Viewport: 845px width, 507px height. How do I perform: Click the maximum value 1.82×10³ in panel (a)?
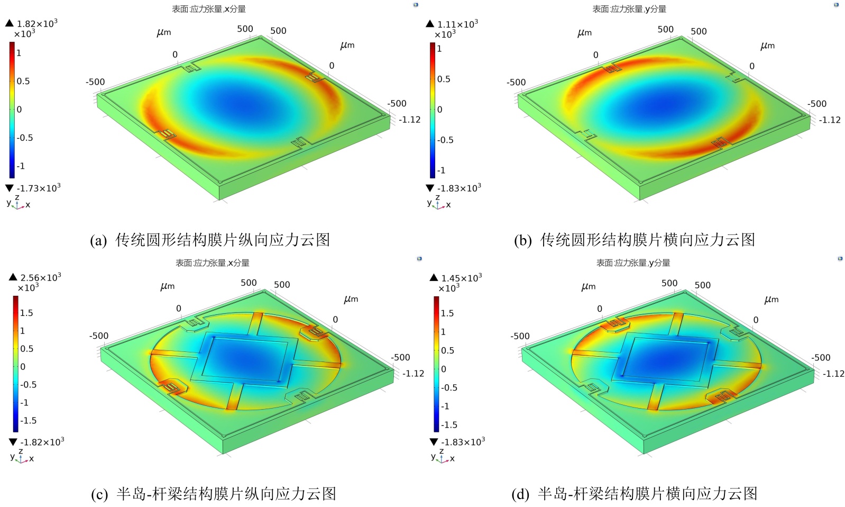(36, 24)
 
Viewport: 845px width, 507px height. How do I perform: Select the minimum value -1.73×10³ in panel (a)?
(38, 188)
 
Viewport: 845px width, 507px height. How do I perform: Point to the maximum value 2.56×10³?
(40, 277)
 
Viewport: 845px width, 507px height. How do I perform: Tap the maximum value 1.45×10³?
(461, 278)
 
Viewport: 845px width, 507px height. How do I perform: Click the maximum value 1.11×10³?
(457, 24)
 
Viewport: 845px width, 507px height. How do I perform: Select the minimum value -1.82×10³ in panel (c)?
(42, 442)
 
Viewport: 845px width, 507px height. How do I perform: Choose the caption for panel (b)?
(634, 240)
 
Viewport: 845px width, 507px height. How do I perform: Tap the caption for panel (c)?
(214, 494)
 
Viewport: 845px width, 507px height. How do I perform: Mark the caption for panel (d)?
(634, 494)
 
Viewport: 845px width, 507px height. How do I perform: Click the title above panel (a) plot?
(209, 9)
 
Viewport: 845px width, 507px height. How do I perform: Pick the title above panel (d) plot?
(633, 262)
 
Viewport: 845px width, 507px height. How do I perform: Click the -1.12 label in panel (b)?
(830, 120)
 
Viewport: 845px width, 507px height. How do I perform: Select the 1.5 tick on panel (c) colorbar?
(26, 313)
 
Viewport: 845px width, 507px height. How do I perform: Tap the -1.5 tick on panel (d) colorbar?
(449, 425)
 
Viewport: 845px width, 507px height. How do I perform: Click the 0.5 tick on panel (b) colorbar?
(444, 79)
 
